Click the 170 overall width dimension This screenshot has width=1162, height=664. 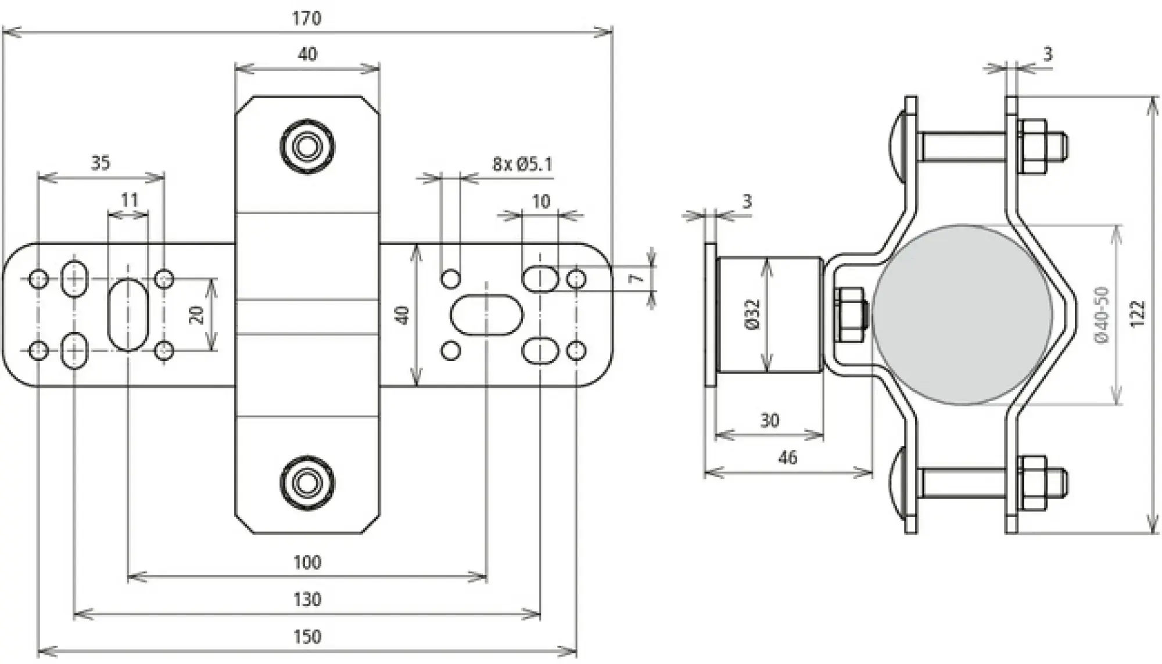coord(306,19)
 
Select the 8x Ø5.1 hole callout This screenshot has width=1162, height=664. coord(522,164)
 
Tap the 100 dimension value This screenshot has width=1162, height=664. coord(307,562)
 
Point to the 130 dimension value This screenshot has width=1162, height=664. coord(307,599)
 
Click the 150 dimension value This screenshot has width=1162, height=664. coord(307,637)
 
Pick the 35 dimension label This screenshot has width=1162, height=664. coord(101,163)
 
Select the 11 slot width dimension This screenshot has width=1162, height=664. coord(129,201)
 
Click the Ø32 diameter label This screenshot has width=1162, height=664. coord(752,315)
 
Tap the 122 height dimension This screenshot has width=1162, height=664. coord(1138,314)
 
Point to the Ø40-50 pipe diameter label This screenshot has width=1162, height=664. coord(1102,314)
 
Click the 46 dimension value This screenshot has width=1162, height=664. coord(787,457)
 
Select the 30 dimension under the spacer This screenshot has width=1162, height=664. coord(769,420)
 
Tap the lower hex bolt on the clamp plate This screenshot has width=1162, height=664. coord(307,482)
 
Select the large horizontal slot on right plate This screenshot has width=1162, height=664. coord(487,315)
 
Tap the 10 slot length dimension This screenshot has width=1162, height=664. coord(541,201)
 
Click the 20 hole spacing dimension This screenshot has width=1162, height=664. coord(198,315)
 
